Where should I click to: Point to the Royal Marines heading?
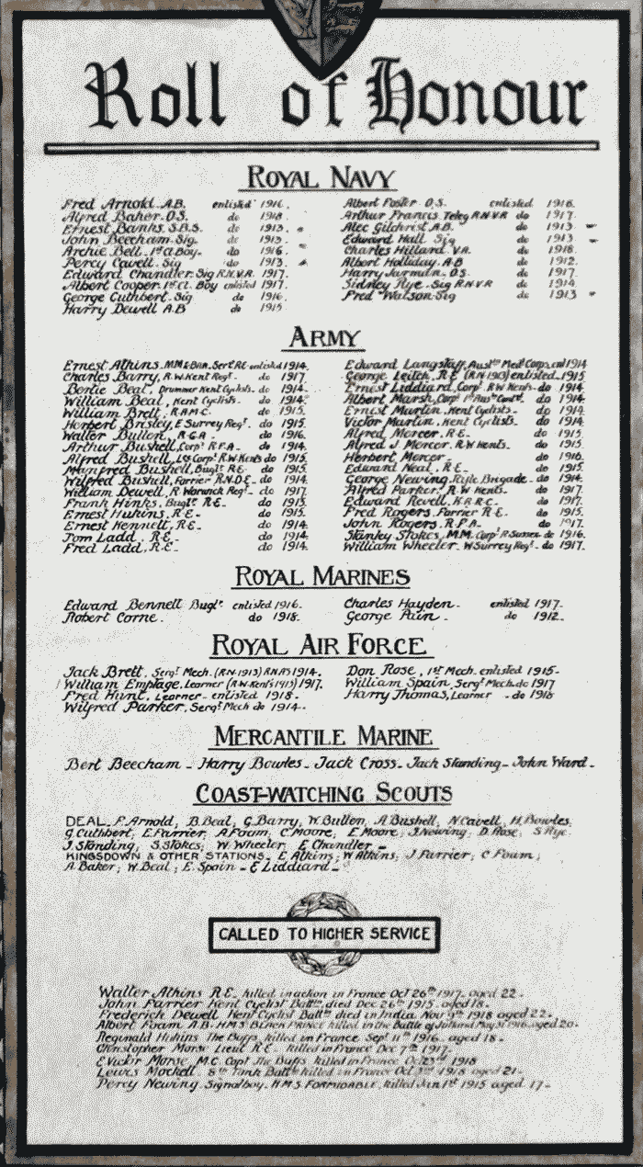(x=321, y=577)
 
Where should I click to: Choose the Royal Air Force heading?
(x=322, y=646)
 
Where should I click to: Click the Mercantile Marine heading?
(x=323, y=736)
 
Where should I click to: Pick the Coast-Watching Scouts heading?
(x=323, y=793)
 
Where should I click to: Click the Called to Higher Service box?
(x=323, y=935)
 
